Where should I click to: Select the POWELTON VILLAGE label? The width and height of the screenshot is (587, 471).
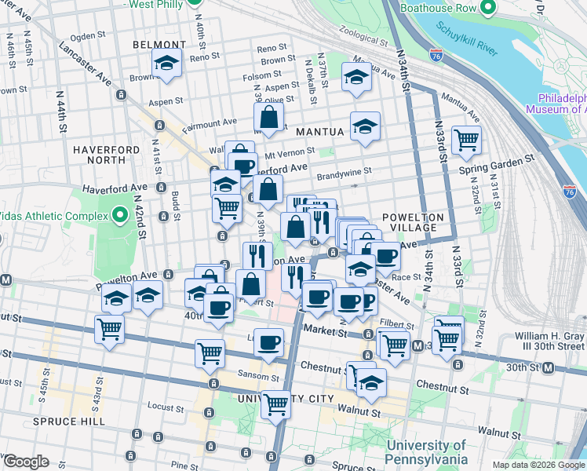point(414,222)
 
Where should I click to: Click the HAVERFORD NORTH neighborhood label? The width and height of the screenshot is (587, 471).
point(100,155)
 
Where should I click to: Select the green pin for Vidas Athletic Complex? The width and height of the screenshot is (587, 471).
point(119,214)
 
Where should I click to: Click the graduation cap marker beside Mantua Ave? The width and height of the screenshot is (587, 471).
point(356,78)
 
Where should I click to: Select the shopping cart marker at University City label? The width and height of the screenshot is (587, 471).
point(276,404)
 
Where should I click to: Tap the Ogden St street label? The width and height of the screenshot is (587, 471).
point(87,35)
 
